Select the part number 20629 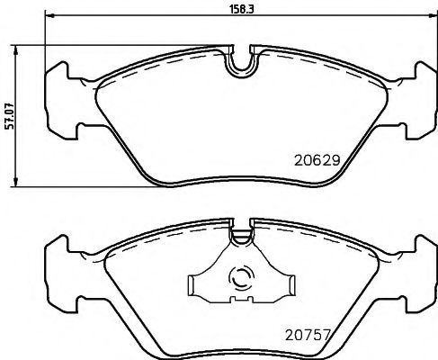click(317, 163)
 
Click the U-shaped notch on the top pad click(240, 62)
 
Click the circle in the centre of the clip click(241, 280)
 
